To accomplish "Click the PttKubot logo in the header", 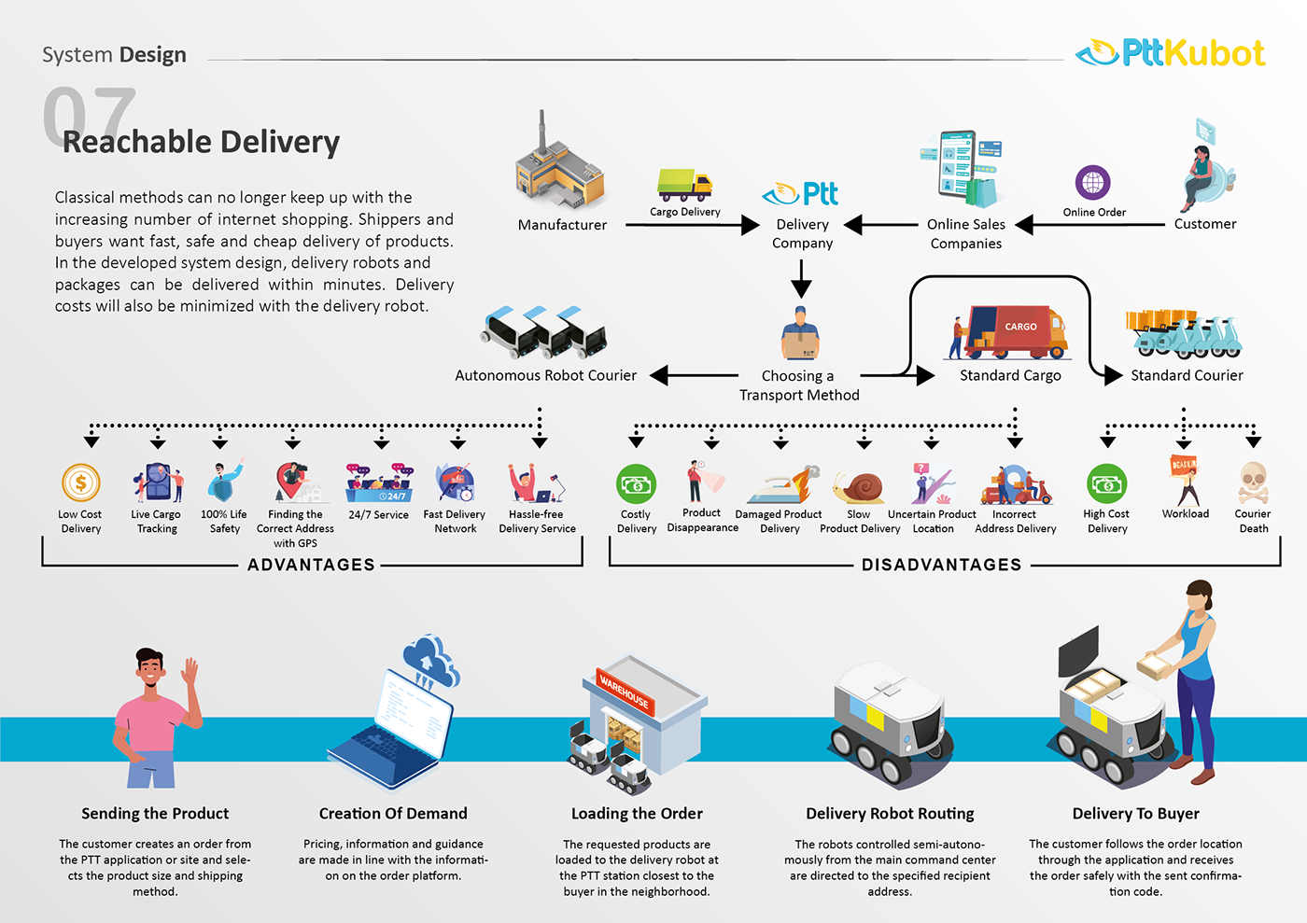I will point(1171,53).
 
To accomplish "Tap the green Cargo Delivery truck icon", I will point(684,185).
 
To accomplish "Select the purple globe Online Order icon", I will point(1092,182).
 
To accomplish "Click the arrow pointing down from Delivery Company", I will point(801,278).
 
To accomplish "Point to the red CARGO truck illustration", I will point(1013,331).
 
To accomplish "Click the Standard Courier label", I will point(1187,375).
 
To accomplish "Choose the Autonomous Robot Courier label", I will point(545,375).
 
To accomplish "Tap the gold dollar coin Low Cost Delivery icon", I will point(81,483).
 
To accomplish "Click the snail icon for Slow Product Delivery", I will point(860,487).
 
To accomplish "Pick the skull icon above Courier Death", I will point(1253,482).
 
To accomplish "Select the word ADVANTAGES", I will point(311,565).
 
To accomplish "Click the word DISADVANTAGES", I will point(941,565).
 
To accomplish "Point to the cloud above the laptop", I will point(430,658).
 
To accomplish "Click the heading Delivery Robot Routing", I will point(890,814).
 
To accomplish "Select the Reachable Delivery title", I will point(201,142).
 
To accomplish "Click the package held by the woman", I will point(1157,665).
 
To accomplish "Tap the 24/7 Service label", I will point(378,514).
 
